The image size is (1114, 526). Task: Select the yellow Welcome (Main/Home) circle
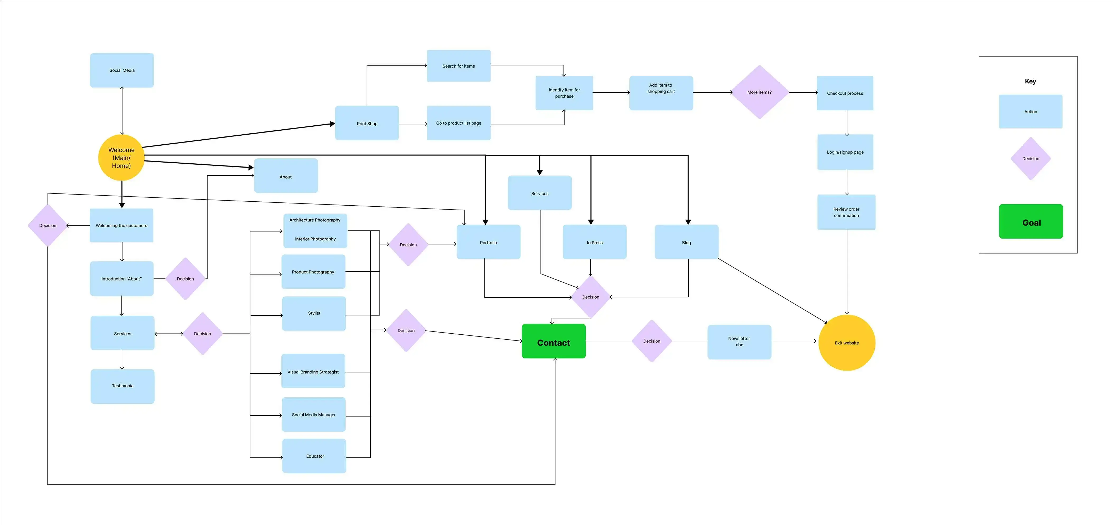tap(121, 158)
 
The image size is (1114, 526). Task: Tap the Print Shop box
tap(367, 123)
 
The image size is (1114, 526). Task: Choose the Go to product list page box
tap(458, 123)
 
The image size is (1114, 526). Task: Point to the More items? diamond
tap(759, 92)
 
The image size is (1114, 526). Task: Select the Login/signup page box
tap(845, 152)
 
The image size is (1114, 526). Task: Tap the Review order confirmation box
tap(846, 212)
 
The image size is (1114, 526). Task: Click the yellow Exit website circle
tap(847, 343)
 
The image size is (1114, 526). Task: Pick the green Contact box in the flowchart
tap(554, 342)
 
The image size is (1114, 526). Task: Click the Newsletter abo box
tap(739, 342)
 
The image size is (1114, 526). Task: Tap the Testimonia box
tap(122, 386)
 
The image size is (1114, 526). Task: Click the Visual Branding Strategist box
tap(313, 371)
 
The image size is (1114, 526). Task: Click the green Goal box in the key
tap(1031, 222)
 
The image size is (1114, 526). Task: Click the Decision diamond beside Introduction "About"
tap(185, 279)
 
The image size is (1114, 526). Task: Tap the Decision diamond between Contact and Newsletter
tap(652, 341)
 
